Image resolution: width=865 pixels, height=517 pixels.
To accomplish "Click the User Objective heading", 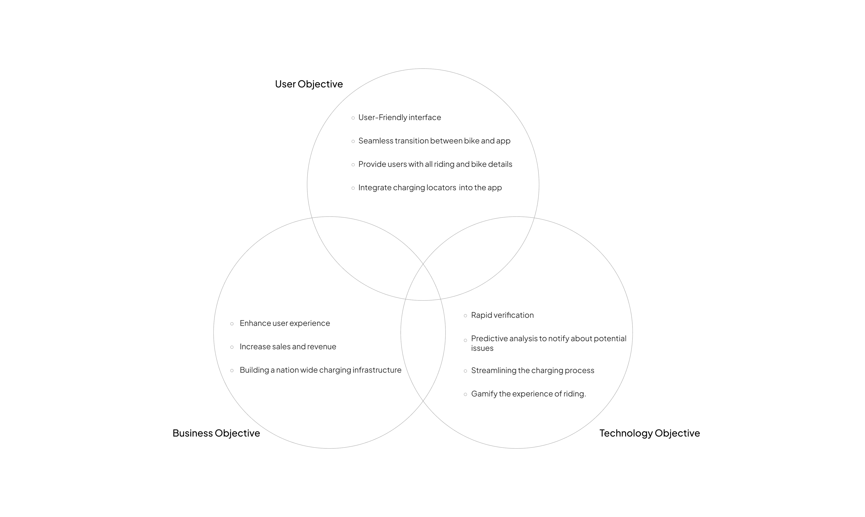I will click(x=309, y=84).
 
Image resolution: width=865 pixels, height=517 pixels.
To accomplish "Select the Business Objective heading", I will click(x=216, y=433).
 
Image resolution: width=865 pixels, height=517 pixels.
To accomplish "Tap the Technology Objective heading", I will click(x=649, y=433).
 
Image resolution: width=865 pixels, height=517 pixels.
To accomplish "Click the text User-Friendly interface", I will click(x=399, y=117).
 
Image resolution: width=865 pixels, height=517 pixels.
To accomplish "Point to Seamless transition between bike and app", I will click(x=434, y=141).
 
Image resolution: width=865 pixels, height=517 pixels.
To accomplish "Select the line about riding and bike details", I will click(x=435, y=164).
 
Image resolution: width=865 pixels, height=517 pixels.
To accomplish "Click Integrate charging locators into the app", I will click(x=430, y=187).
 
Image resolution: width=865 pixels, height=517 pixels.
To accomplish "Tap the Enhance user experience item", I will click(x=285, y=323).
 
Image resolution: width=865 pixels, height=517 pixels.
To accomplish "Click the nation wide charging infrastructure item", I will click(x=320, y=370).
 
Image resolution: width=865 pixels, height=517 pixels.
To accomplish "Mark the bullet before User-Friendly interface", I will click(x=353, y=118).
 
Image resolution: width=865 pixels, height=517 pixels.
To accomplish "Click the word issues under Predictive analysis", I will click(x=482, y=348).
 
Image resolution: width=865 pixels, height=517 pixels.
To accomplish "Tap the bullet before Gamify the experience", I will click(x=465, y=394).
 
